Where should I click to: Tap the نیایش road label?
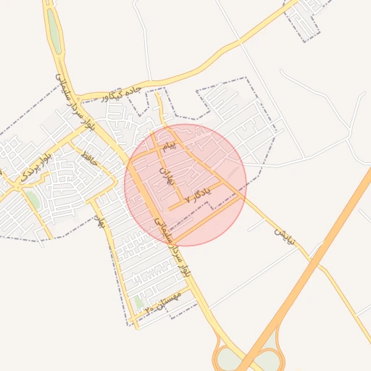[283, 233]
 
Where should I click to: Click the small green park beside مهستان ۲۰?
[138, 302]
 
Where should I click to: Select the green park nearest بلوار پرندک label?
[33, 199]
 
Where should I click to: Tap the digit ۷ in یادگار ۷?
[188, 198]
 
